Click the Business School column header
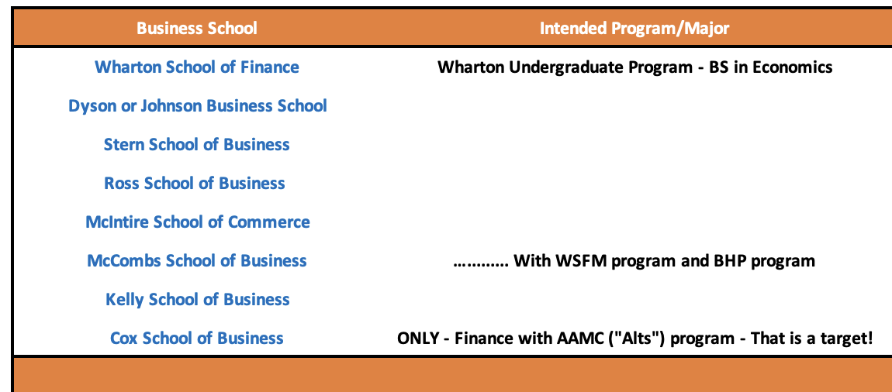pyautogui.click(x=197, y=28)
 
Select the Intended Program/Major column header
pyautogui.click(x=634, y=29)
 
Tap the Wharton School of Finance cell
pyautogui.click(x=197, y=67)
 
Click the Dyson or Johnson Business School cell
pyautogui.click(x=197, y=105)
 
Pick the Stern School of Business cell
pyautogui.click(x=197, y=144)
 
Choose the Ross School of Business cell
pyautogui.click(x=195, y=183)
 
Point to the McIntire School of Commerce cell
pyautogui.click(x=198, y=222)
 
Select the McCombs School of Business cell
pyautogui.click(x=197, y=261)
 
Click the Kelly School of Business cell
pyautogui.click(x=198, y=299)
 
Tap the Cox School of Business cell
pyautogui.click(x=197, y=338)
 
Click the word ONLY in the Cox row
pyautogui.click(x=418, y=339)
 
